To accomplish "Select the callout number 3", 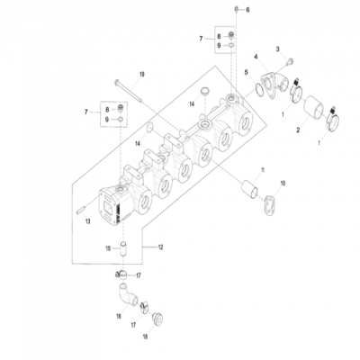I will (278, 49).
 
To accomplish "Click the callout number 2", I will (298, 130).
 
